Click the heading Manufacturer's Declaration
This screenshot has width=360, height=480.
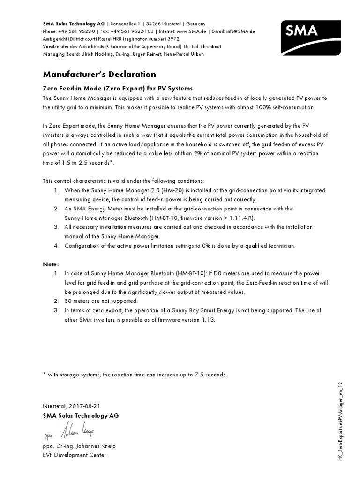pyautogui.click(x=99, y=75)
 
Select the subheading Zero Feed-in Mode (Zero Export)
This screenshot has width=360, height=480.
pyautogui.click(x=118, y=88)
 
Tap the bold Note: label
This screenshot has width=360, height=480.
pyautogui.click(x=51, y=264)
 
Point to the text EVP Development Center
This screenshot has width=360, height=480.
pyautogui.click(x=74, y=455)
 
